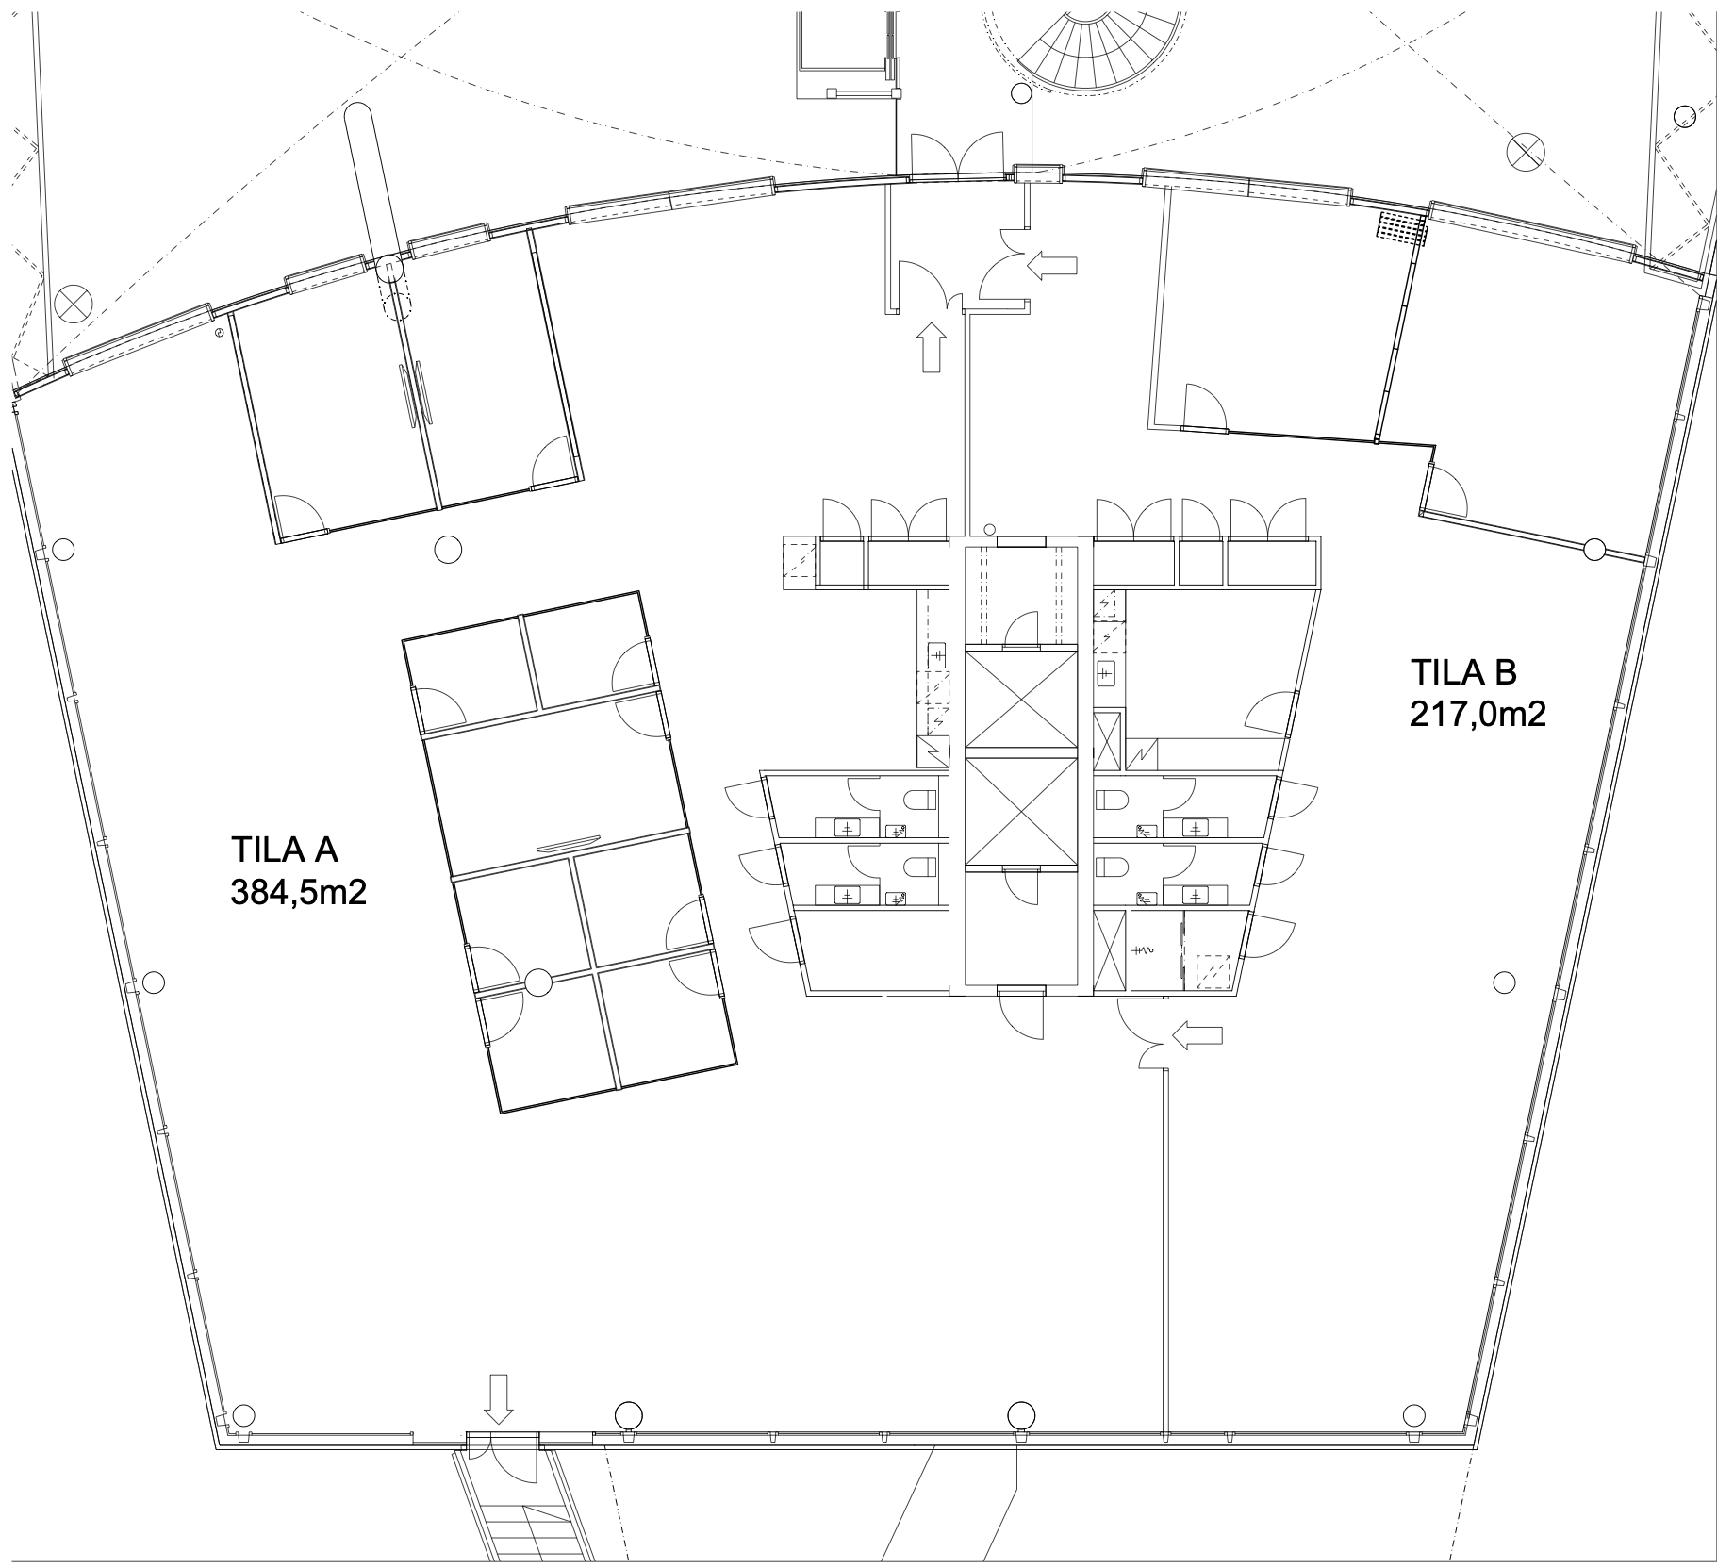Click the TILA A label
click(x=284, y=850)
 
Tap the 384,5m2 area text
click(x=298, y=892)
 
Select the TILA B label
click(x=1462, y=673)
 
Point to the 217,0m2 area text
click(x=1478, y=714)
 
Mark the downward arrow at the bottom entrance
click(x=499, y=1399)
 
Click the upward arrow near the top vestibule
click(x=931, y=347)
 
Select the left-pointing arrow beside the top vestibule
click(x=1051, y=266)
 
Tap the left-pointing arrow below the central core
click(x=1197, y=1036)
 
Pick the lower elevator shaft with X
click(x=1021, y=810)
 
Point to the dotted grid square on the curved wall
click(x=1402, y=228)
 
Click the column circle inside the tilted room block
click(x=537, y=982)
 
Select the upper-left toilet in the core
click(x=920, y=802)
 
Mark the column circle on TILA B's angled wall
click(x=1594, y=549)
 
